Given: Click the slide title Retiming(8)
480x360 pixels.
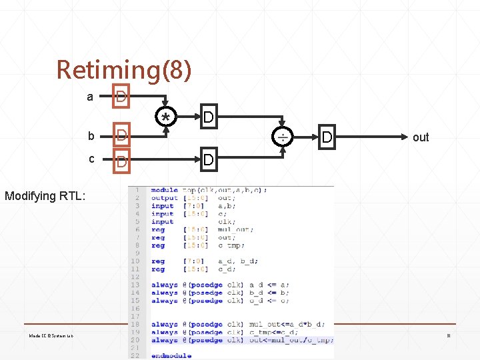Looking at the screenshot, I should point(124,69).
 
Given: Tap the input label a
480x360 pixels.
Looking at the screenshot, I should point(90,97).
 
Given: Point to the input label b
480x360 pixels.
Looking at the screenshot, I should point(91,136).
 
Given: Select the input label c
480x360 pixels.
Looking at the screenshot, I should point(91,159).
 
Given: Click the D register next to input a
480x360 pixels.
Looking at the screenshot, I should point(121,97).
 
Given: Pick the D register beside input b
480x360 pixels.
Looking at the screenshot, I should point(121,136).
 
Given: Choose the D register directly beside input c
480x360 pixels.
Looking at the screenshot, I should point(121,161).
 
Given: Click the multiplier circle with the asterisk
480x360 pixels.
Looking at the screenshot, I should point(165,118).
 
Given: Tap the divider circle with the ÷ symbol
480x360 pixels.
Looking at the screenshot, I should point(283,137).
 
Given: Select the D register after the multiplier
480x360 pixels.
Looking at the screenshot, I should point(209,118).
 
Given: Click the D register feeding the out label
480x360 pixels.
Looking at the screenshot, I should point(327,137).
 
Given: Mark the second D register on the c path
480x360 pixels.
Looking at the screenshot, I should point(209,161).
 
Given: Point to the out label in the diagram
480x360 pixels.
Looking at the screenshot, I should point(421,137).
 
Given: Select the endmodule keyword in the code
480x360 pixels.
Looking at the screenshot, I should point(171,355).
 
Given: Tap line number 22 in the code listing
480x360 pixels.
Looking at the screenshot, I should point(135,355).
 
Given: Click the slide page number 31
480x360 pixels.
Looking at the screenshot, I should point(449,336).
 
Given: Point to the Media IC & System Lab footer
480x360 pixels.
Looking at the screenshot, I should point(51,336).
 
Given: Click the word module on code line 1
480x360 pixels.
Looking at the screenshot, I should point(164,190).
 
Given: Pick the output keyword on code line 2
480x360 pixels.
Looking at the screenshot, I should point(164,198).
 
